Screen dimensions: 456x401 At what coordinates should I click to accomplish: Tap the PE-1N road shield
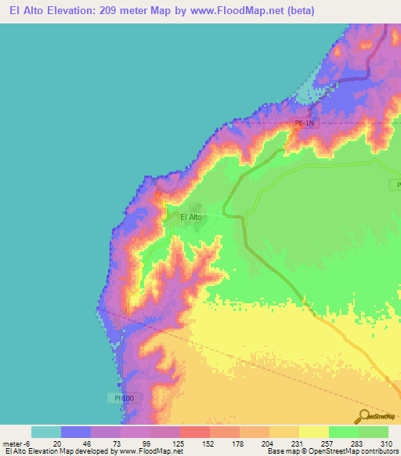tap(303, 123)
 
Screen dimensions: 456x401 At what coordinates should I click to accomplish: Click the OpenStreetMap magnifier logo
tap(363, 415)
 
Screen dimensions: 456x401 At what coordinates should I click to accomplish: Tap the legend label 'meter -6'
tap(16, 443)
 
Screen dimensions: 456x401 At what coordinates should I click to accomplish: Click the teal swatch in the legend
tap(45, 432)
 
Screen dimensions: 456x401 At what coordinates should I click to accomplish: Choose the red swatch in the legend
tap(194, 432)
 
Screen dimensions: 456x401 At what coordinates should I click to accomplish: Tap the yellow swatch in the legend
tap(313, 432)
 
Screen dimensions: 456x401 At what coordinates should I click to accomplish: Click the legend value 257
tap(328, 443)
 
